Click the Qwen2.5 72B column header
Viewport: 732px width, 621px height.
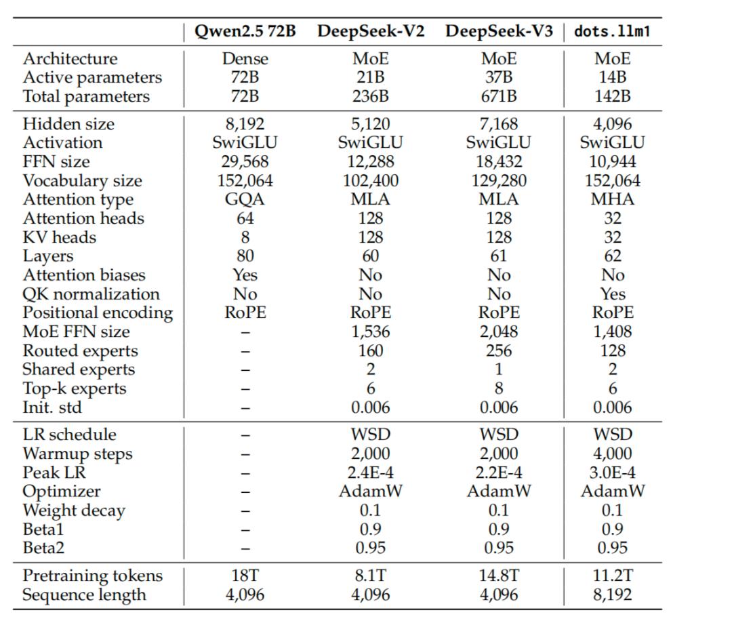[x=245, y=32]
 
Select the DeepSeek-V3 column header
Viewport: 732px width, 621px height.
[x=499, y=32]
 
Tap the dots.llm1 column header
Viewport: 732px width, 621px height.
[x=612, y=32]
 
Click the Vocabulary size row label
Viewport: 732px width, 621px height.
[x=83, y=181]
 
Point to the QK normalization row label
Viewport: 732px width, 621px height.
[x=91, y=294]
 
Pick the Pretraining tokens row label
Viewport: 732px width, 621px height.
[x=93, y=576]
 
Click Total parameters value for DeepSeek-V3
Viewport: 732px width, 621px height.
[x=499, y=96]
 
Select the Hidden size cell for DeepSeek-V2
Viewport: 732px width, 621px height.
[x=370, y=124]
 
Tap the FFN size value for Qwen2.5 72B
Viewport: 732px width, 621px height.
[x=245, y=162]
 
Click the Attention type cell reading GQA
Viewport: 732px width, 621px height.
[x=245, y=199]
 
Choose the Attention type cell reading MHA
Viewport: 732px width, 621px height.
[x=612, y=199]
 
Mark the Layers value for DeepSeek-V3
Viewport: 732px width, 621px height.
[x=499, y=256]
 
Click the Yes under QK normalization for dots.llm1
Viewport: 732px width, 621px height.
[x=612, y=294]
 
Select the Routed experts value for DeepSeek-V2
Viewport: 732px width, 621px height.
[x=370, y=350]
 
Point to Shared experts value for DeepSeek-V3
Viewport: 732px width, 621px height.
[x=499, y=369]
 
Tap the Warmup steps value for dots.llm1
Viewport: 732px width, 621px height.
[x=612, y=454]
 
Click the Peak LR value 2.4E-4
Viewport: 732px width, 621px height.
[x=370, y=473]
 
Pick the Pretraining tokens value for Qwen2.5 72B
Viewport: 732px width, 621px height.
[x=245, y=576]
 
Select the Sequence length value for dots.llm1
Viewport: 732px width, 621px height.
[x=612, y=595]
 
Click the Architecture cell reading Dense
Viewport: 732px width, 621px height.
[x=245, y=59]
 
